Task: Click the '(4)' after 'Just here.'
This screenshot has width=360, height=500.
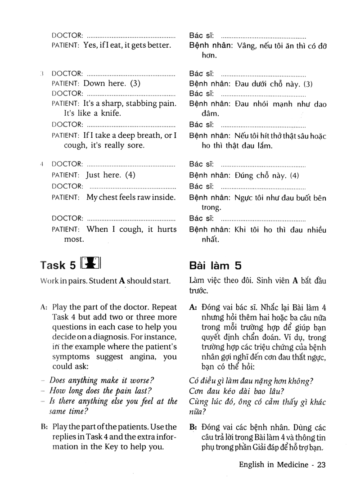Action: click(130, 175)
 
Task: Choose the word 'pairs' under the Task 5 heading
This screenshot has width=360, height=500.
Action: click(74, 281)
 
